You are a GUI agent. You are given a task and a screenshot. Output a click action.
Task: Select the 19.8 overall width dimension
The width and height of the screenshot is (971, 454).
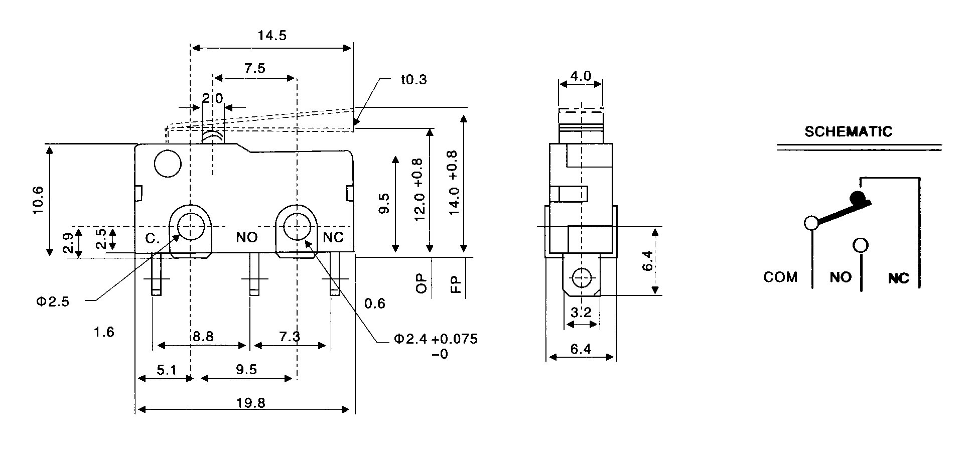tap(252, 402)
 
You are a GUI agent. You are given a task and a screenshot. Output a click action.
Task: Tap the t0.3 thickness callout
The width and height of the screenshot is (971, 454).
tap(414, 79)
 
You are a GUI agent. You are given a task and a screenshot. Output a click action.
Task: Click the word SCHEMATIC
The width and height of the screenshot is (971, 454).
tap(849, 132)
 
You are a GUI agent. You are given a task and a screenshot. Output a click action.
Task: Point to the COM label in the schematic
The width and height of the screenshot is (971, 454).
tap(780, 277)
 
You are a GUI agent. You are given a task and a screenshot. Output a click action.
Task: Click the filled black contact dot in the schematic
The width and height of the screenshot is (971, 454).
tap(857, 197)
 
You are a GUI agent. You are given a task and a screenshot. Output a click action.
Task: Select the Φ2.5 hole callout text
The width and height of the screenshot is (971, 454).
tap(52, 301)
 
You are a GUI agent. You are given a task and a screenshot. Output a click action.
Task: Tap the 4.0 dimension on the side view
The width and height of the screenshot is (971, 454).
tap(581, 76)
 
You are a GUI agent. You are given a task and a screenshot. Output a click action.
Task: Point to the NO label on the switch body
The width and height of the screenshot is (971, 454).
tap(247, 237)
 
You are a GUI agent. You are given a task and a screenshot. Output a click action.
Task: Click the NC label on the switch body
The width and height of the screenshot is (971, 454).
tap(333, 237)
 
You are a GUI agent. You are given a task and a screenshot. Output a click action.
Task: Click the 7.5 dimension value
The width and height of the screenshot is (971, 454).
tap(255, 68)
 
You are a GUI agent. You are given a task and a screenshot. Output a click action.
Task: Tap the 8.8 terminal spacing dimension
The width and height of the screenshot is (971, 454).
tap(203, 336)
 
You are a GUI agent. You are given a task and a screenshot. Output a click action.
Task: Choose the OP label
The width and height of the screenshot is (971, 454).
tap(422, 283)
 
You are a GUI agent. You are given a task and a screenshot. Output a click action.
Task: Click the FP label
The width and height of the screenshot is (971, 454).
tap(455, 284)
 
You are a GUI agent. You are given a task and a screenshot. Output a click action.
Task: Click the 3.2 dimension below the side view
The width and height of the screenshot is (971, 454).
tap(581, 313)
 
